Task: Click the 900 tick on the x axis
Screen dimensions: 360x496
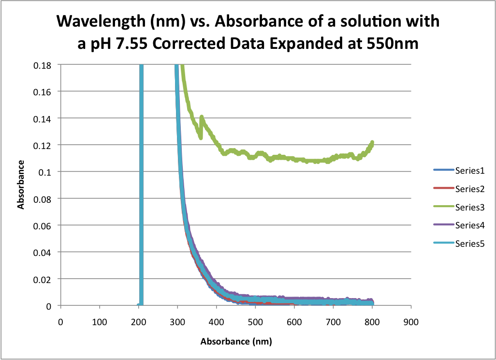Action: [x=411, y=321]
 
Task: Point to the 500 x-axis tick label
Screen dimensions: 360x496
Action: [x=255, y=321]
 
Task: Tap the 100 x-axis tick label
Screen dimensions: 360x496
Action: [x=99, y=321]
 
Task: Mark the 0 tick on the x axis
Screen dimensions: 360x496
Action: [x=60, y=321]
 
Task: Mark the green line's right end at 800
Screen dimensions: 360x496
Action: [x=372, y=142]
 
